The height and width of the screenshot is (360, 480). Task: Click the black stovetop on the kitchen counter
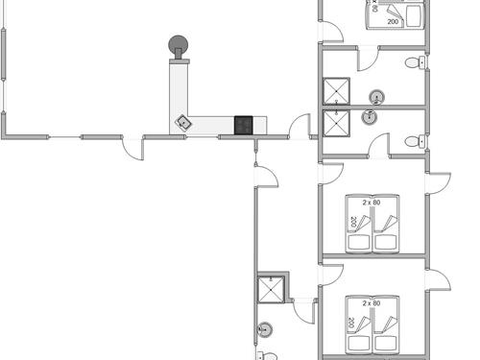click(x=244, y=124)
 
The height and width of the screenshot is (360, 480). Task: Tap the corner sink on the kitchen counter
click(x=181, y=122)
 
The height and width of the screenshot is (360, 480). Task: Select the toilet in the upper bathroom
click(x=414, y=63)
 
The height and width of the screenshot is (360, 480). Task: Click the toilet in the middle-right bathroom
click(x=414, y=142)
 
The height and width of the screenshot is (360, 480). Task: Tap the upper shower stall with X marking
click(x=336, y=90)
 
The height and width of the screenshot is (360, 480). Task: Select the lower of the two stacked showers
click(x=336, y=124)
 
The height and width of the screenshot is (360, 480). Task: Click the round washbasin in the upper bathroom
click(x=377, y=96)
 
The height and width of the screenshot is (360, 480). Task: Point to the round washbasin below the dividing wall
click(x=369, y=117)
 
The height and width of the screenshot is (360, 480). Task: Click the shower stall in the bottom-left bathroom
click(x=270, y=290)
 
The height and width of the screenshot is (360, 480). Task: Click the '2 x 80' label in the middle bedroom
click(x=372, y=204)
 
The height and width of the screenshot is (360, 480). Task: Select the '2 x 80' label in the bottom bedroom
click(x=372, y=303)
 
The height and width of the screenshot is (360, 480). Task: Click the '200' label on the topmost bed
click(x=393, y=20)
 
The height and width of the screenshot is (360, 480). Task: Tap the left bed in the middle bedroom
click(x=359, y=231)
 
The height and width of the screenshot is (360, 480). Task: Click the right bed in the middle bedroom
click(x=385, y=231)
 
